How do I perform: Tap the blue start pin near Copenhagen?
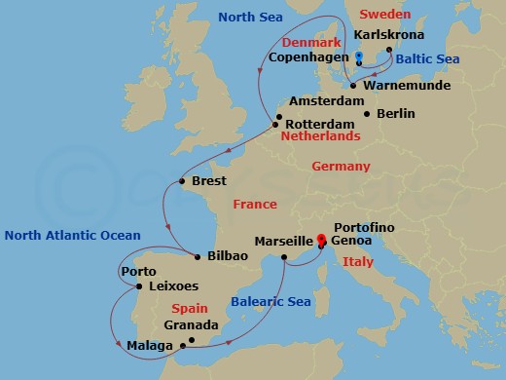[x=359, y=57]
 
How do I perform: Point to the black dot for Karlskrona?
[x=389, y=49]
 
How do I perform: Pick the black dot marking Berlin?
[x=367, y=114]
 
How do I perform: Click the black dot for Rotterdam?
[x=277, y=124]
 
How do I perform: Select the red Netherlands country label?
[x=321, y=136]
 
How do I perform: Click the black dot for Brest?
[x=183, y=181]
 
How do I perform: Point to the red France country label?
[x=255, y=204]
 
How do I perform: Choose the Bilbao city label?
[x=228, y=255]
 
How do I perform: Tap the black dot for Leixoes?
[x=143, y=286]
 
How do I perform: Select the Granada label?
[x=191, y=324]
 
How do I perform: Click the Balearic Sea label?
[x=271, y=302]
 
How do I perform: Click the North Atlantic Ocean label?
[x=73, y=235]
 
